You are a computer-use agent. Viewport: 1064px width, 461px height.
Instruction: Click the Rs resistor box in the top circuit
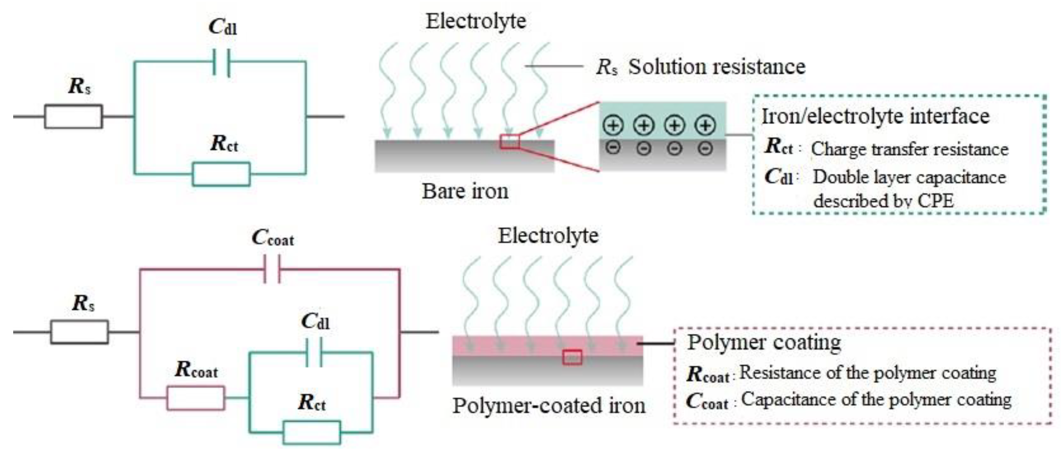74,117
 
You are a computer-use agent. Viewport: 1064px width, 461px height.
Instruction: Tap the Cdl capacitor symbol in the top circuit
221,62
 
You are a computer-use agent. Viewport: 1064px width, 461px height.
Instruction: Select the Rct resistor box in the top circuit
221,174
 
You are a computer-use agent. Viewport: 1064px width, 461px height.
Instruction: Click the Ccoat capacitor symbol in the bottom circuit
272,269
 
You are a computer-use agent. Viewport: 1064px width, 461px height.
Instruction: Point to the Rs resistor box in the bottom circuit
79,332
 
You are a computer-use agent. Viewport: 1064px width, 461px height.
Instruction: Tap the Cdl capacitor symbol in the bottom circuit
314,352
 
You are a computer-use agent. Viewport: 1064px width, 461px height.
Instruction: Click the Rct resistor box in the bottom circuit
312,432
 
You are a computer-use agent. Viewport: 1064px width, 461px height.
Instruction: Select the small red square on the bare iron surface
510,141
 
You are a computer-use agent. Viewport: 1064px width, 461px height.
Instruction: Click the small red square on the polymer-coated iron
572,357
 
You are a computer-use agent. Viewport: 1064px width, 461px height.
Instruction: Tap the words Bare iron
465,191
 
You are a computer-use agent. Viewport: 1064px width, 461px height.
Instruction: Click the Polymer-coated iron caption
549,406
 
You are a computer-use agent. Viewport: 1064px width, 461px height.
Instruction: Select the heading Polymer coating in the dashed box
764,343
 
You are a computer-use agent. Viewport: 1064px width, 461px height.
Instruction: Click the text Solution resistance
717,66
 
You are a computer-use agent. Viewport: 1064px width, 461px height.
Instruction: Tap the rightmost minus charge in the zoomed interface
705,148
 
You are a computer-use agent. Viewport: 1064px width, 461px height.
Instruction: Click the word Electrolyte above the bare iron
476,21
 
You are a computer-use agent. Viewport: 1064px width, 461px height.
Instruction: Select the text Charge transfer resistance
909,149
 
